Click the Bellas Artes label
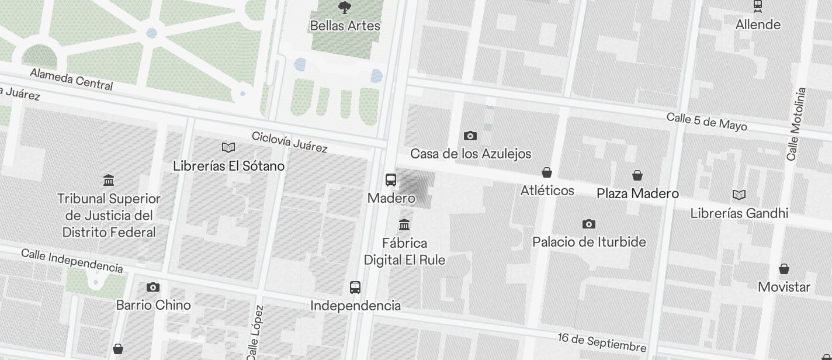pyautogui.click(x=345, y=26)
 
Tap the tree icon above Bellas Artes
pyautogui.click(x=345, y=8)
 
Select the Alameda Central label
pyautogui.click(x=71, y=79)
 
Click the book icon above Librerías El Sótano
pyautogui.click(x=228, y=148)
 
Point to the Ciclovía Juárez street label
pyautogui.click(x=289, y=141)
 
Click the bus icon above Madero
pyautogui.click(x=391, y=180)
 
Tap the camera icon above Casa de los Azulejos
pyautogui.click(x=470, y=136)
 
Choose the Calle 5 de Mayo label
pyautogui.click(x=706, y=121)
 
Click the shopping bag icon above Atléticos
pyautogui.click(x=547, y=172)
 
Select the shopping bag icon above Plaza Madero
pyautogui.click(x=637, y=175)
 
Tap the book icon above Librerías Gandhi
pyautogui.click(x=739, y=195)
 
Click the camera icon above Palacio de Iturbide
pyautogui.click(x=589, y=224)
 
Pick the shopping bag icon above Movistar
pyautogui.click(x=784, y=269)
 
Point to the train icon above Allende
pyautogui.click(x=758, y=6)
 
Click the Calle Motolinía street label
pyautogui.click(x=796, y=124)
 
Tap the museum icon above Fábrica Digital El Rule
pyautogui.click(x=404, y=224)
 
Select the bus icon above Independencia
pyautogui.click(x=355, y=287)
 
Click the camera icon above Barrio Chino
pyautogui.click(x=153, y=287)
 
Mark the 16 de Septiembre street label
pyautogui.click(x=602, y=341)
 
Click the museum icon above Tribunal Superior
pyautogui.click(x=109, y=179)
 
